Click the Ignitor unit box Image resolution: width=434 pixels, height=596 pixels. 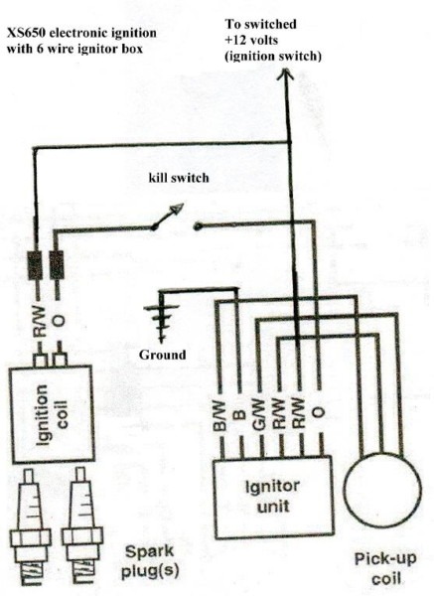[274, 497]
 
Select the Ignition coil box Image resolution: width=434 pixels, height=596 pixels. [52, 414]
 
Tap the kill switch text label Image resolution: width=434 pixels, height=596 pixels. [179, 178]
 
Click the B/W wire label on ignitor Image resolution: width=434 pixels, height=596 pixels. [220, 416]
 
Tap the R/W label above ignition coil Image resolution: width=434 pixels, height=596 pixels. [40, 322]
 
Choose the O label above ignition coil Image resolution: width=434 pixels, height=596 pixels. [59, 322]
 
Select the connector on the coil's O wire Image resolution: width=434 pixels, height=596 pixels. [57, 264]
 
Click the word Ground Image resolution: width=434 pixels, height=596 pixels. [162, 355]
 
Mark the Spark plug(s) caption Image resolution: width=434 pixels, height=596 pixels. [149, 562]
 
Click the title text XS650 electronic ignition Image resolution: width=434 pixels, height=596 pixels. [81, 33]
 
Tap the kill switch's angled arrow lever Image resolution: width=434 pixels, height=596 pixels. [167, 216]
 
